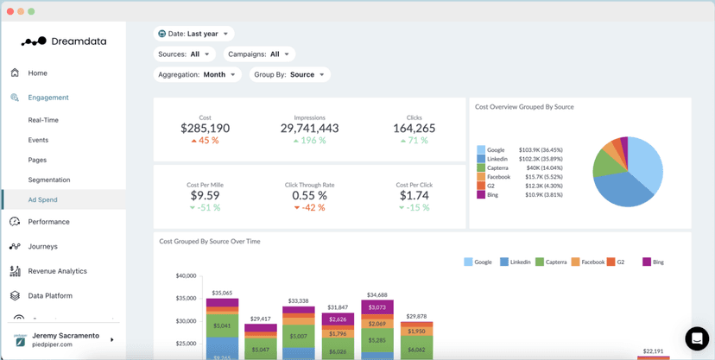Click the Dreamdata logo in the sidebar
point(59,41)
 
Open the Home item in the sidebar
point(37,73)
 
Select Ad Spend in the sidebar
point(42,199)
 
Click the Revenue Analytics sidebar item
point(57,271)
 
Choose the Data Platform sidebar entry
point(50,295)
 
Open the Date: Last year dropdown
point(194,34)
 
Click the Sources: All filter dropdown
point(184,54)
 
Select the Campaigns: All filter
point(258,54)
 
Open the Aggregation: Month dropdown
point(197,75)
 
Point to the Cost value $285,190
point(205,129)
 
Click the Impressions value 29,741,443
point(309,129)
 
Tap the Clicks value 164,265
point(414,129)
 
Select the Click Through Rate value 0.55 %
point(309,196)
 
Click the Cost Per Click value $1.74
point(414,196)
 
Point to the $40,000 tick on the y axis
point(186,276)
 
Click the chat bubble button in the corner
point(696,338)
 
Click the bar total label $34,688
point(377,295)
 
